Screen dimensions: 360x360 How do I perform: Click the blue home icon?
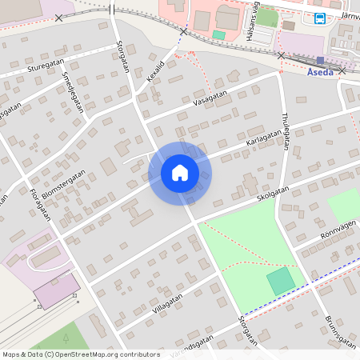coord(180,173)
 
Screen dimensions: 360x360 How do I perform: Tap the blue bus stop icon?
coord(320,18)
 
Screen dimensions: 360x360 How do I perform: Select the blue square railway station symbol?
coord(320,60)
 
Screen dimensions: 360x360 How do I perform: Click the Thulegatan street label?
coord(285,131)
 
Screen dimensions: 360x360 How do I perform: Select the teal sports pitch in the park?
coord(281,281)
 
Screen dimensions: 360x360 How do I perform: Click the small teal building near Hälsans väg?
coord(218,34)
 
